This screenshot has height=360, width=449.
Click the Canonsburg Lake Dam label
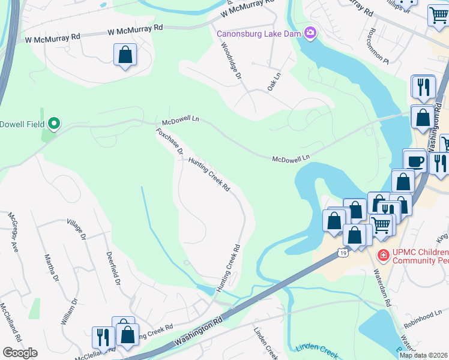coord(260,32)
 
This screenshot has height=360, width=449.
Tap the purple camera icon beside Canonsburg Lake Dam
coord(310,32)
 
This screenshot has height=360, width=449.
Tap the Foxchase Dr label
coord(169,142)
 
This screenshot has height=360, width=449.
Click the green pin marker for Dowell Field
coord(54,124)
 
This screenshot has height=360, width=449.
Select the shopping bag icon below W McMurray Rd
coord(125,55)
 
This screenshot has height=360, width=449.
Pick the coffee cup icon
coord(414,161)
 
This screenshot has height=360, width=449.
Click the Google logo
coord(20,352)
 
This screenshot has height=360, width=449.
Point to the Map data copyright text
coord(423,355)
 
